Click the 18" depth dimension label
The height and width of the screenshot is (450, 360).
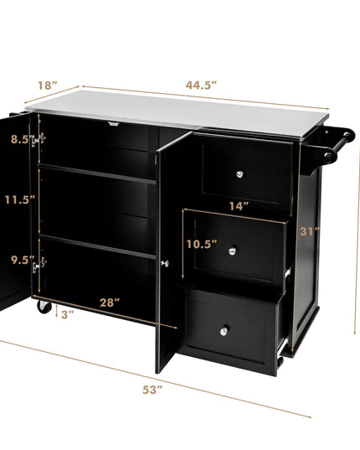tap(48, 85)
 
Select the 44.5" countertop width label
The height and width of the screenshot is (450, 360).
tap(201, 85)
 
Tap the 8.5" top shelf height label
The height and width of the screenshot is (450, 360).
tap(23, 139)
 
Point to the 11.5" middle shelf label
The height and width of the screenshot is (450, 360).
tap(20, 199)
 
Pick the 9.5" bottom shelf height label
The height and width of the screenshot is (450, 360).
tap(23, 260)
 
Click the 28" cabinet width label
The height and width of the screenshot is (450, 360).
tap(110, 303)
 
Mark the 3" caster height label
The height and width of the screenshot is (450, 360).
tap(67, 314)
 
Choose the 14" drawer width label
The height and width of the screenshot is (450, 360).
tap(239, 206)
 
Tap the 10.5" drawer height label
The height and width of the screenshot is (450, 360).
tap(202, 244)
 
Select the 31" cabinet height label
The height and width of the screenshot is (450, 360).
tap(310, 231)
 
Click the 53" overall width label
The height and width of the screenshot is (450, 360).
tap(152, 390)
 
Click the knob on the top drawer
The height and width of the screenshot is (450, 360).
tap(239, 174)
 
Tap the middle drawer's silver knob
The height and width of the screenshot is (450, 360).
tap(233, 251)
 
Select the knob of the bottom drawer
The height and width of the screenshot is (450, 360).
tap(224, 332)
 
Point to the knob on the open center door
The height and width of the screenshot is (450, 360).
tap(165, 263)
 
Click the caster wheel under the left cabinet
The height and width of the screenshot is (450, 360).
tap(44, 307)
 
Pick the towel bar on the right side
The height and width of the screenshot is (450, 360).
tap(337, 146)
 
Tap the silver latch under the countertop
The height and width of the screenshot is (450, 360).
tap(114, 124)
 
